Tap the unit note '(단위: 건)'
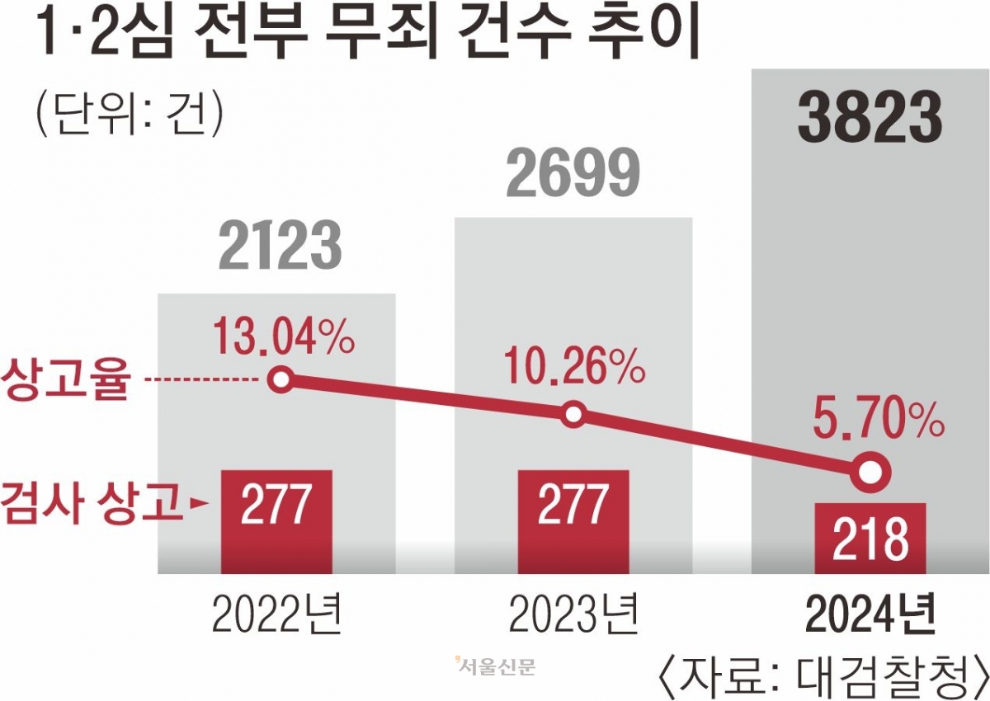pos(128,114)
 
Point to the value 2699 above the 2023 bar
pos(573,173)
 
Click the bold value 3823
pos(870,120)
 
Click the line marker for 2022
pos(282,380)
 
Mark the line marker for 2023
pos(574,414)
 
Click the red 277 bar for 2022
pos(276,521)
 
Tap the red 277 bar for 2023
pos(573,521)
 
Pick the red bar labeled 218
pos(870,538)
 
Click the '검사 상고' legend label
pos(91,502)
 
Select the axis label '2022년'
pos(276,614)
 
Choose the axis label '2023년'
pos(573,614)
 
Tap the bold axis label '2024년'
pos(870,614)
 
